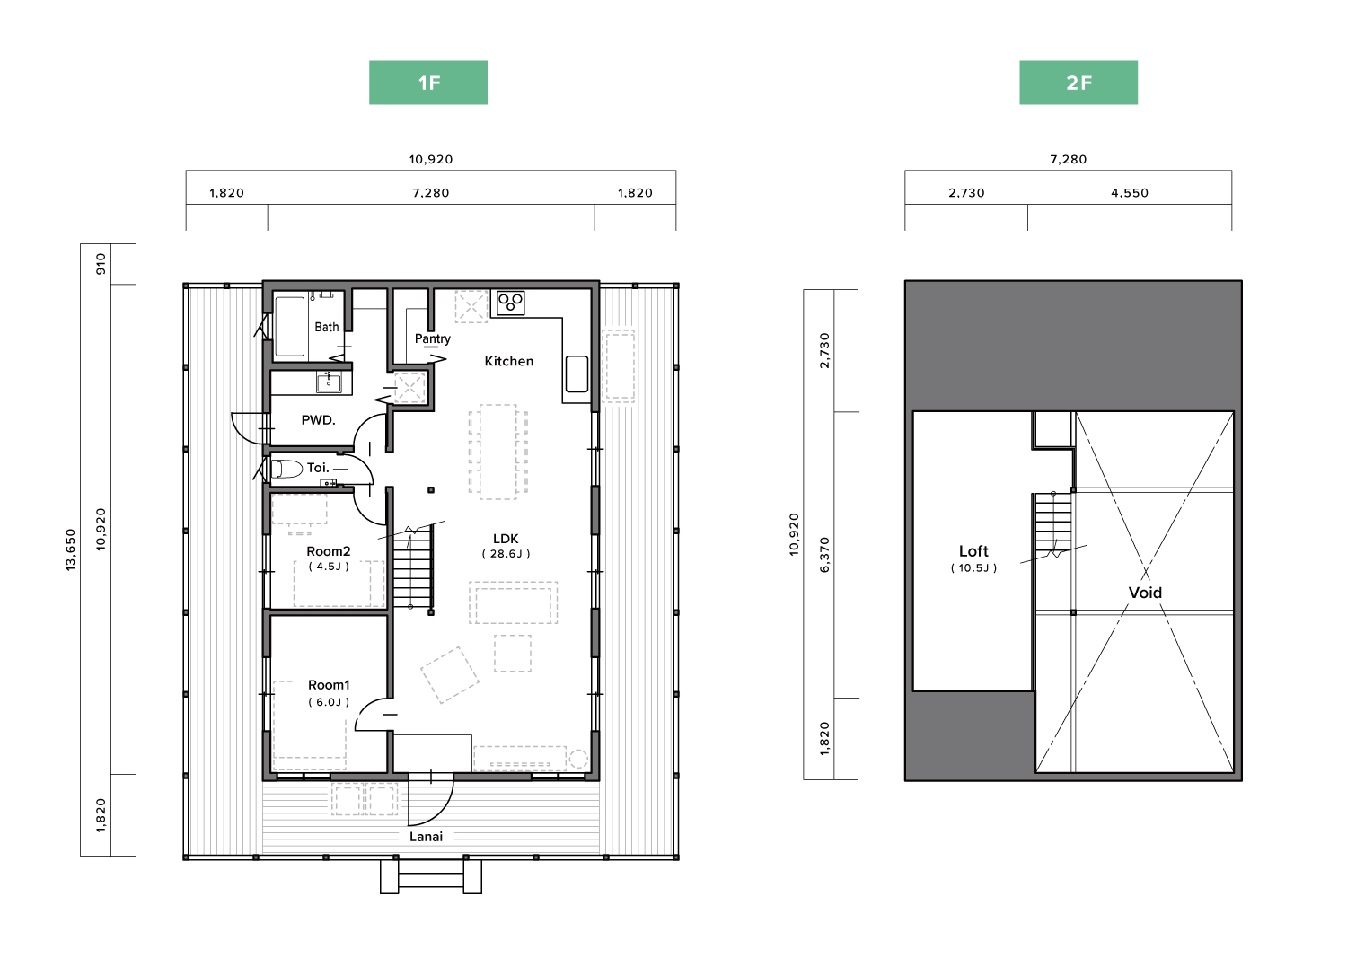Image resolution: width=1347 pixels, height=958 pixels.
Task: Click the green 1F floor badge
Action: pos(428,83)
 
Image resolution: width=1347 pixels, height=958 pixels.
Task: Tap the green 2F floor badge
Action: pos(1078,83)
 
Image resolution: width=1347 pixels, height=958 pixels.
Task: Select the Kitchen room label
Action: pos(509,362)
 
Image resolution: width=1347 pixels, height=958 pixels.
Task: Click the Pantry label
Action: pos(432,339)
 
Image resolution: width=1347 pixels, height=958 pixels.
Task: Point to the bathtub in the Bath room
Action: pos(290,327)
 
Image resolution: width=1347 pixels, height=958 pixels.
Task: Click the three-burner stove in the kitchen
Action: pos(511,303)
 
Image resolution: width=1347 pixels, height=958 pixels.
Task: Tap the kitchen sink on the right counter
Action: pos(577,374)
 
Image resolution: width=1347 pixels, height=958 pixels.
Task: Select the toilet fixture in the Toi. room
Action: pos(286,469)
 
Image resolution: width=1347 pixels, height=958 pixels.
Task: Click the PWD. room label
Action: pos(318,420)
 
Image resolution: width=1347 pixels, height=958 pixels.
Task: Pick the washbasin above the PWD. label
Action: pos(329,382)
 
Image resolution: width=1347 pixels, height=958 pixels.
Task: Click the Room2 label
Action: pos(329,551)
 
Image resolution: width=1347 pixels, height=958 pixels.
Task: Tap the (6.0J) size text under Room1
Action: pos(329,702)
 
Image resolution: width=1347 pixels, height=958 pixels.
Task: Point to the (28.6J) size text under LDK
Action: pos(506,554)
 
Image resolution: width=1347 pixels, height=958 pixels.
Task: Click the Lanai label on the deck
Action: pos(426,837)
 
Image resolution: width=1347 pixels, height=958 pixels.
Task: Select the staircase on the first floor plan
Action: pos(412,567)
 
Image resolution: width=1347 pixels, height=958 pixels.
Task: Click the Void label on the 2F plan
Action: pos(1145,593)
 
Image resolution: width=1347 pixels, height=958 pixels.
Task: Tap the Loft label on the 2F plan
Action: pos(973,551)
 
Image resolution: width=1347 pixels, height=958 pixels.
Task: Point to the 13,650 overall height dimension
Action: pos(71,549)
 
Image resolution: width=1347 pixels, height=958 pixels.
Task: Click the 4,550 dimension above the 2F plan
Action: pos(1130,193)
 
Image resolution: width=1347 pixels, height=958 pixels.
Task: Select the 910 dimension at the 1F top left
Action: pos(101,264)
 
